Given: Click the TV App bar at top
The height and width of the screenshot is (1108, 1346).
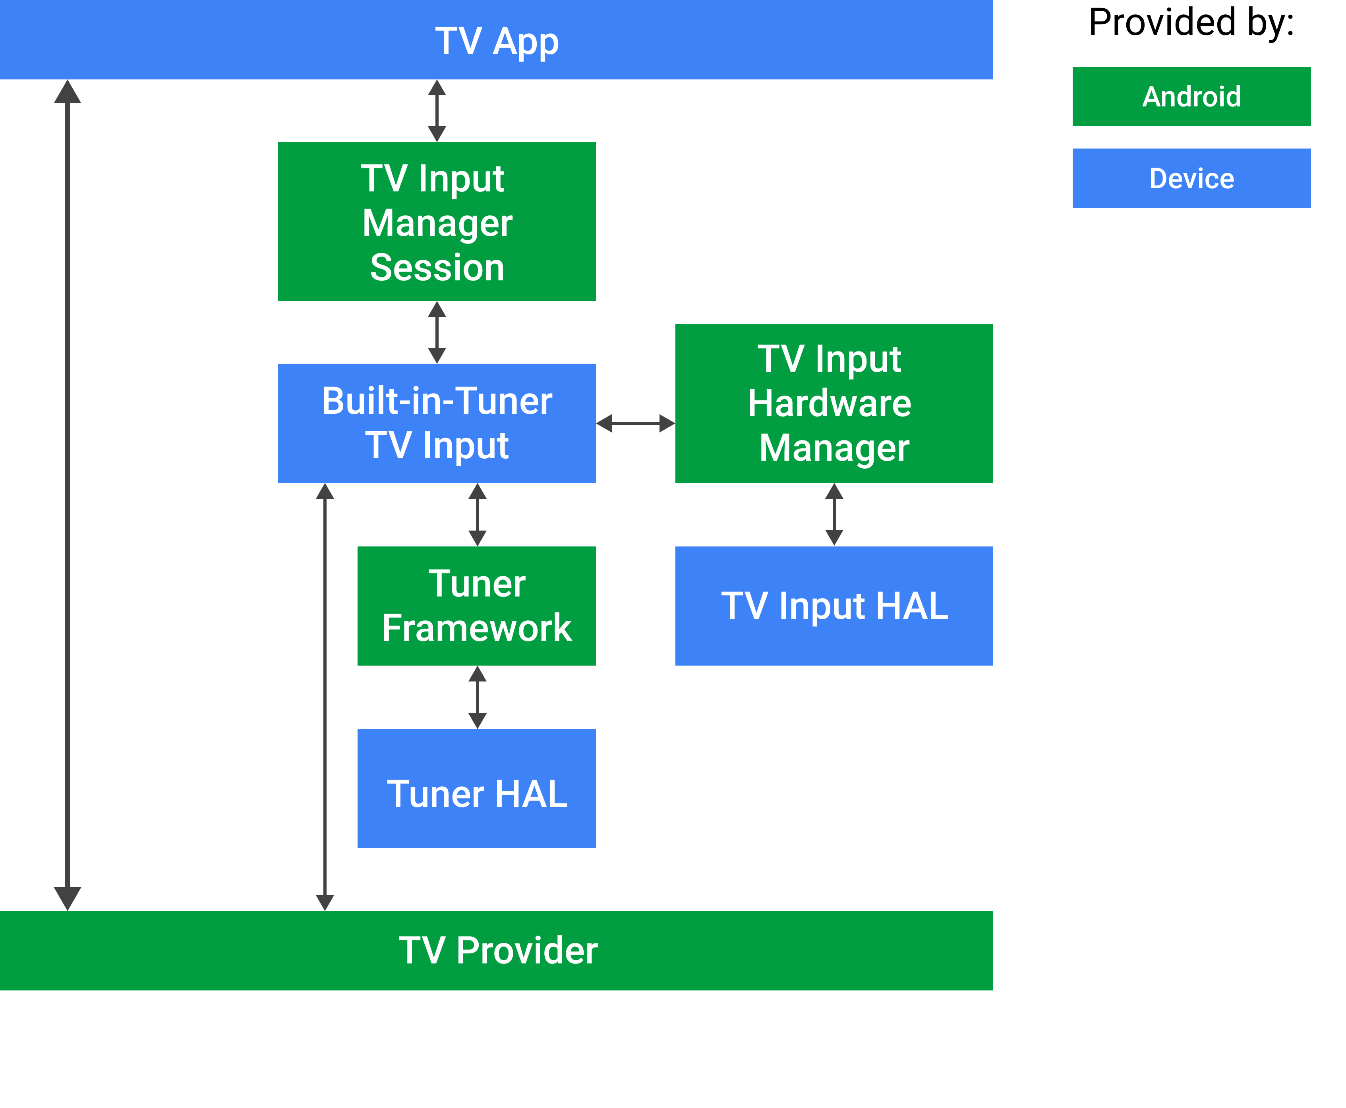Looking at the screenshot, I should (x=496, y=40).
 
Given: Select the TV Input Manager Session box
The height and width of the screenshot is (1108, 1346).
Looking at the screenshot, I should (x=437, y=222).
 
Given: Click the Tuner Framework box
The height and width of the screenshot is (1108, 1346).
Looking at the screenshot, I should (x=476, y=606).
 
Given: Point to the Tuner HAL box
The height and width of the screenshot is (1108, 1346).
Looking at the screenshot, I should (x=476, y=789).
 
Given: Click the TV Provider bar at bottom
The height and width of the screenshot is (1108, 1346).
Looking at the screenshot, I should (x=496, y=950).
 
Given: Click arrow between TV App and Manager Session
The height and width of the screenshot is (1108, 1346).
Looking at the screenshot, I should (x=437, y=110).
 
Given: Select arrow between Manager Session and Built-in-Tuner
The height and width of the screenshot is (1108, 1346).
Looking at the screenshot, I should (x=437, y=332).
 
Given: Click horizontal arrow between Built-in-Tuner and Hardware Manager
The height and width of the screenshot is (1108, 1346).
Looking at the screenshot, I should (x=635, y=423).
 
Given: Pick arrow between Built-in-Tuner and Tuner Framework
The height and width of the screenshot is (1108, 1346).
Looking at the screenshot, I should (x=478, y=514).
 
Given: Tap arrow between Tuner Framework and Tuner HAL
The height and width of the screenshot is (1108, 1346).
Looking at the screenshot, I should (x=478, y=697).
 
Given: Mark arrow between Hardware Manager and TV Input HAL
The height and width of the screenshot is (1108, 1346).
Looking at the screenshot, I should (x=834, y=514).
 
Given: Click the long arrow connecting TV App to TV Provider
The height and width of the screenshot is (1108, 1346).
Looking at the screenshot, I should (x=68, y=495).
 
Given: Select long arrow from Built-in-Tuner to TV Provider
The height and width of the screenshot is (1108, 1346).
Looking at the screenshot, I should (x=325, y=696).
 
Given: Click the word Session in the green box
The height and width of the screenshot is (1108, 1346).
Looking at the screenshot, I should (x=437, y=267).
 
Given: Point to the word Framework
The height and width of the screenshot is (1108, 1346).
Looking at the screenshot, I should (x=476, y=628).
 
